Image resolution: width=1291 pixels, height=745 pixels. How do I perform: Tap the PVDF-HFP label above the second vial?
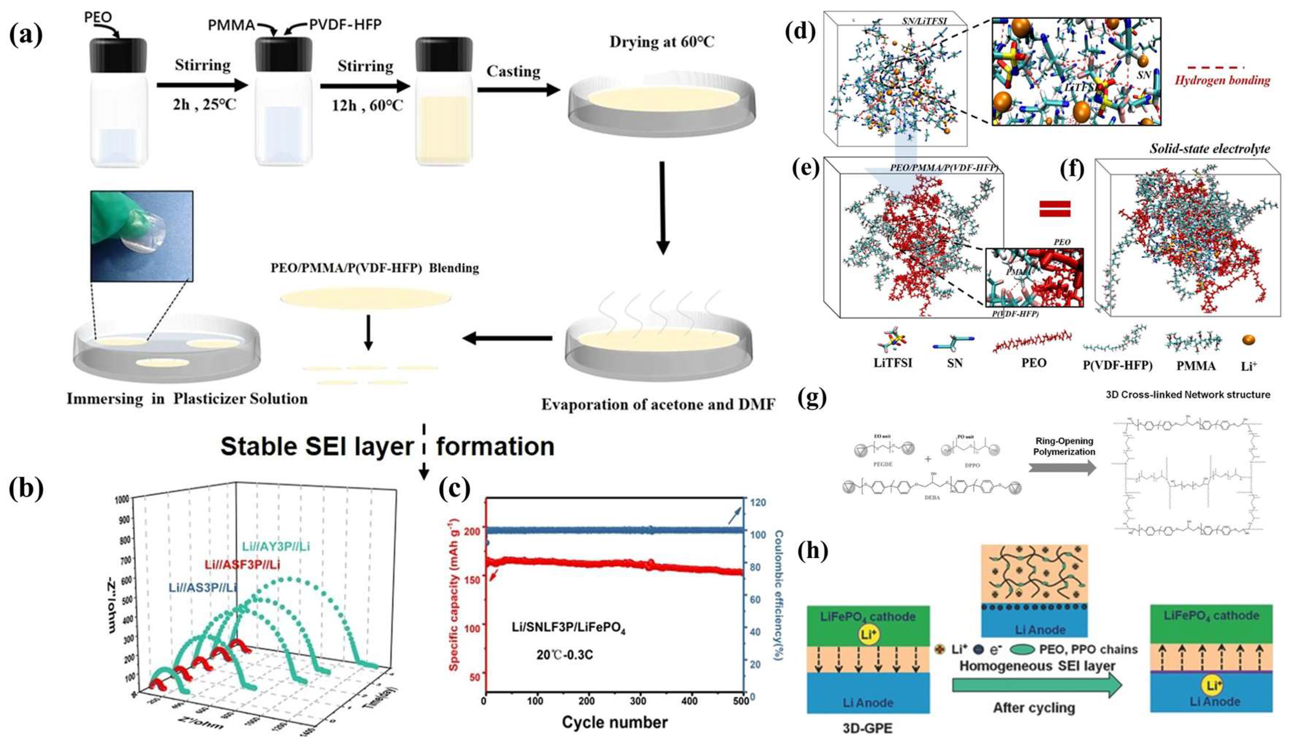(345, 24)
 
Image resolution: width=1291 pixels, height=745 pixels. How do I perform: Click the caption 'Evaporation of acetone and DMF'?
(658, 405)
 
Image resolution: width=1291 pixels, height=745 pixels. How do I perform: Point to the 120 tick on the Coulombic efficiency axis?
(757, 503)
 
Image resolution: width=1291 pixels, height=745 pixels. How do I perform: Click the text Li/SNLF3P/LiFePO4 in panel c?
(569, 627)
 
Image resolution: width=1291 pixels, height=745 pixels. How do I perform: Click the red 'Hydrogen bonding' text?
(1222, 80)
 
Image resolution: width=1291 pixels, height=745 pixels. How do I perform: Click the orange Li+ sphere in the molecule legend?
(1249, 340)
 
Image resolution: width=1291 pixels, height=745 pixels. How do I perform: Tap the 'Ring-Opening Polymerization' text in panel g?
(1064, 446)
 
